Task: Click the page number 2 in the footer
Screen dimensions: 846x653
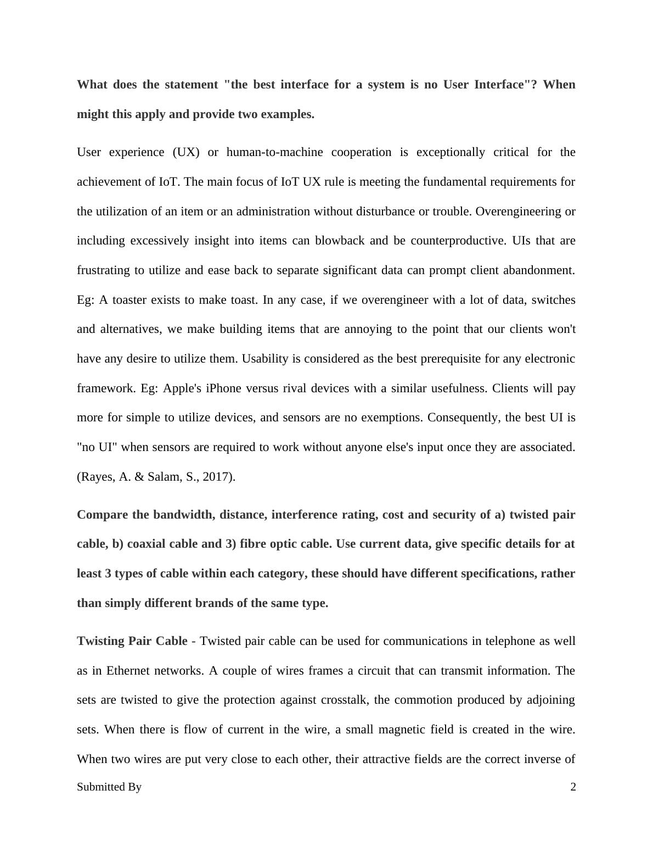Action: (573, 787)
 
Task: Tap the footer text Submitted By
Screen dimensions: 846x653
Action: (109, 787)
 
